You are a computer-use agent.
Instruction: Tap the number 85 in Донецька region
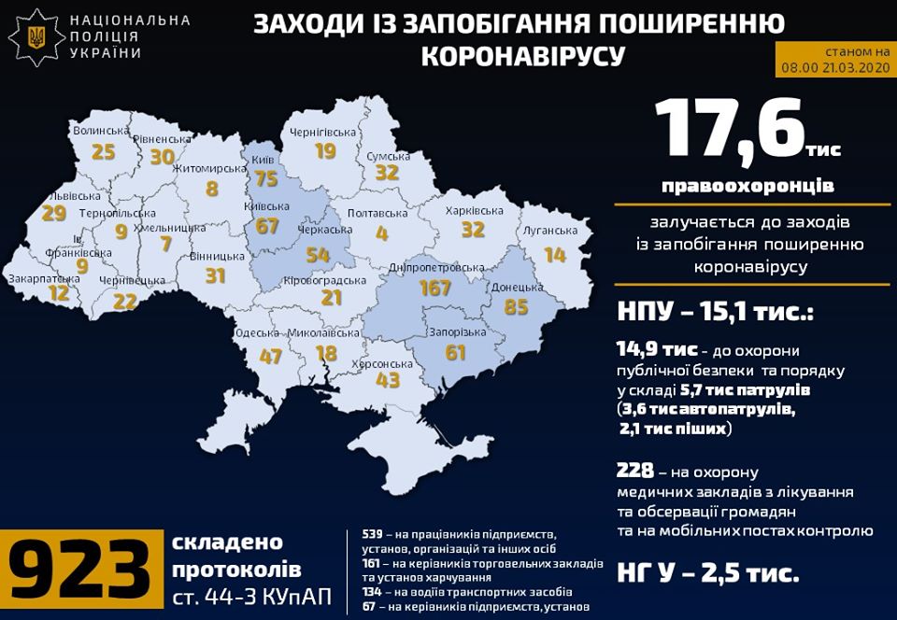[x=516, y=306]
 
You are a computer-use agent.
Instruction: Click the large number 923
[x=79, y=570]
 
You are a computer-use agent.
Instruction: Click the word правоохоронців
[x=747, y=186]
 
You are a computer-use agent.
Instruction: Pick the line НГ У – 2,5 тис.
[x=706, y=572]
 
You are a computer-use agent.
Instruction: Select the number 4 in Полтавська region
[x=382, y=233]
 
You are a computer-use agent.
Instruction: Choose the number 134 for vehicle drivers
[x=373, y=592]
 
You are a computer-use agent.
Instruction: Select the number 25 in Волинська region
[x=103, y=151]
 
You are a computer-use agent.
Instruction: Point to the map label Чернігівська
[x=324, y=132]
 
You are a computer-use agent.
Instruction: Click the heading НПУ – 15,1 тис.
[x=714, y=310]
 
